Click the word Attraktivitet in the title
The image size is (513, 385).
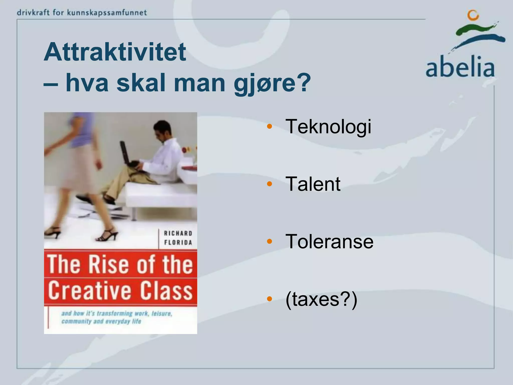pyautogui.click(x=115, y=52)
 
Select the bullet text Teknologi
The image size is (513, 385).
pyautogui.click(x=328, y=127)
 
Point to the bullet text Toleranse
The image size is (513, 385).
pyautogui.click(x=329, y=241)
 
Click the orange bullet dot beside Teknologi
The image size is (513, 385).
pyautogui.click(x=270, y=126)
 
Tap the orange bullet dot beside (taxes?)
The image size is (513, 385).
pyautogui.click(x=270, y=299)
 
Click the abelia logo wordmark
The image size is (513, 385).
pyautogui.click(x=460, y=67)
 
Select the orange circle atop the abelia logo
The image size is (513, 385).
pyautogui.click(x=473, y=15)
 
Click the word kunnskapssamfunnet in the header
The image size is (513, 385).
pyautogui.click(x=107, y=13)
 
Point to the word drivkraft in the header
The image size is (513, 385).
pyautogui.click(x=33, y=13)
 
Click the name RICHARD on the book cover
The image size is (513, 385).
pyautogui.click(x=178, y=233)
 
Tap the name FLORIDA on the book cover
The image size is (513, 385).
pyautogui.click(x=178, y=243)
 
